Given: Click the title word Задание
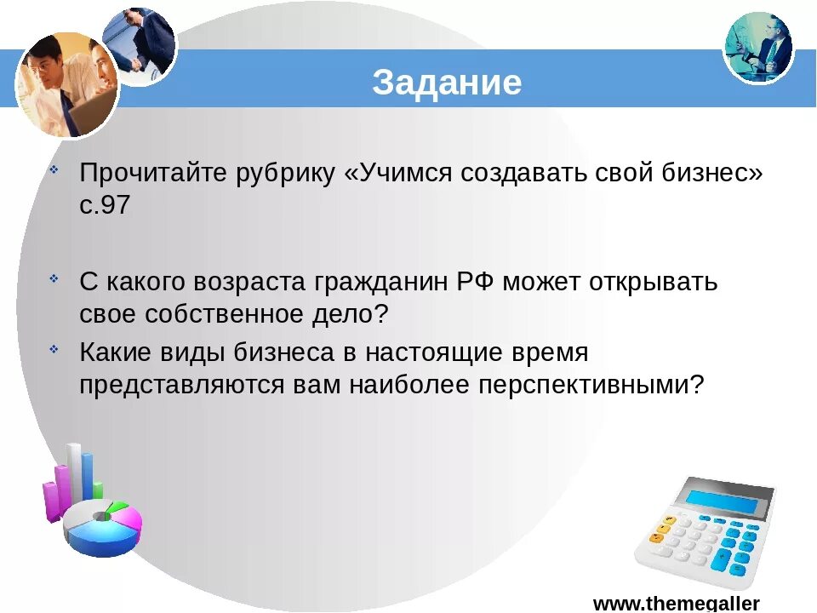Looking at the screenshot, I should tap(447, 83).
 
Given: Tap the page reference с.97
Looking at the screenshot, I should tap(106, 206).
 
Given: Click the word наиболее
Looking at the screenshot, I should tap(407, 385).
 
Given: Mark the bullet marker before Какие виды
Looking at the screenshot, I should tap(54, 347).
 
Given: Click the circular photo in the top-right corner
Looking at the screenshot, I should tap(758, 47).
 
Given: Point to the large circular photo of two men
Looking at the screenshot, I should tap(66, 83).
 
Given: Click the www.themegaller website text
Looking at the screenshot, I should tap(676, 603).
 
